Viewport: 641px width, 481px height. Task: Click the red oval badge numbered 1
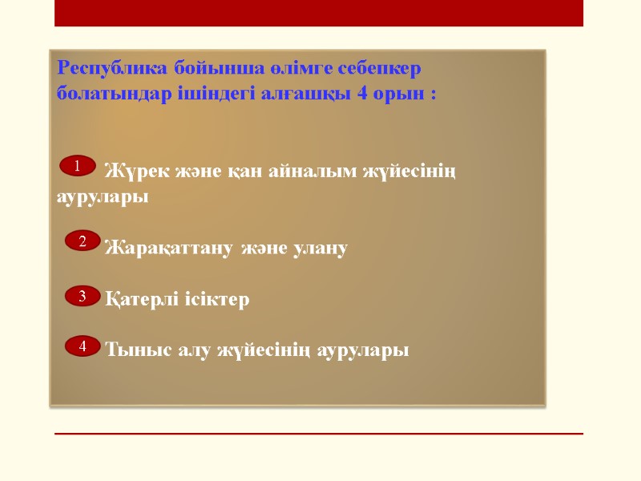78,166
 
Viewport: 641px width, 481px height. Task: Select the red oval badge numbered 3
82,297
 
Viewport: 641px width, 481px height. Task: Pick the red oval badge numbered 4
82,346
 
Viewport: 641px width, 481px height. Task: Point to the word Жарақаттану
167,249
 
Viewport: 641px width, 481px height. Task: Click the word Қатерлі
141,300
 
